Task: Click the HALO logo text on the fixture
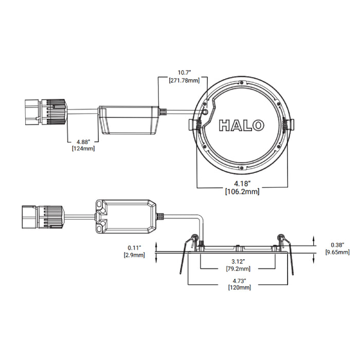(242, 125)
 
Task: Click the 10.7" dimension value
(185, 73)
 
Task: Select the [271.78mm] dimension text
(185, 80)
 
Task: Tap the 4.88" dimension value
(83, 141)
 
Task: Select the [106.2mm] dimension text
(242, 191)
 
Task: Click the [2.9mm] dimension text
(133, 255)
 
